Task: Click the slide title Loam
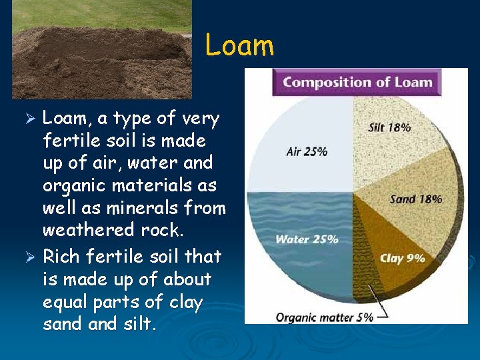pos(239,45)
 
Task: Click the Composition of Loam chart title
pos(357,83)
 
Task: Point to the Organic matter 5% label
pos(325,317)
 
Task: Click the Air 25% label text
pos(307,151)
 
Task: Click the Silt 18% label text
pos(389,127)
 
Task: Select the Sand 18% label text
pos(416,199)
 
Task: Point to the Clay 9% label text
pos(402,258)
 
